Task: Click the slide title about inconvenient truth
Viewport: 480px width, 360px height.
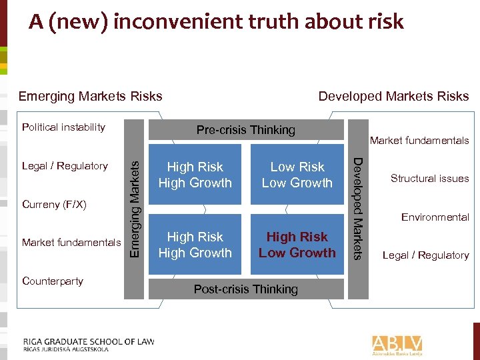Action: pyautogui.click(x=216, y=22)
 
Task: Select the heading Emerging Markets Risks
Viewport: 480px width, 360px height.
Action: pyautogui.click(x=90, y=96)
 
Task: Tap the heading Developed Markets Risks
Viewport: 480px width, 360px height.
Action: pyautogui.click(x=393, y=96)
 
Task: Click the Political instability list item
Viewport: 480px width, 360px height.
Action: pyautogui.click(x=63, y=127)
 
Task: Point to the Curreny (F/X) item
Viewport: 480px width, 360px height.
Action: pyautogui.click(x=55, y=203)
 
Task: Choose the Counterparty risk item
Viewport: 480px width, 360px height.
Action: pyautogui.click(x=53, y=281)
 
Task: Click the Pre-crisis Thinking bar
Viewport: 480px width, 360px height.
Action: pyautogui.click(x=245, y=130)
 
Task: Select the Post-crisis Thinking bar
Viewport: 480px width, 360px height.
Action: pyautogui.click(x=245, y=289)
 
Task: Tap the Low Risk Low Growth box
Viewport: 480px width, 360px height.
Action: pyautogui.click(x=297, y=175)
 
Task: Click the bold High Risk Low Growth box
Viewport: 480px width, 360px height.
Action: pyautogui.click(x=297, y=244)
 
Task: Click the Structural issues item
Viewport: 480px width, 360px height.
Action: pyautogui.click(x=429, y=179)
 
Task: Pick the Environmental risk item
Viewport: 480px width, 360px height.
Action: pyautogui.click(x=435, y=217)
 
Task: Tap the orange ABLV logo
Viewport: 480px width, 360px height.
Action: pyautogui.click(x=397, y=344)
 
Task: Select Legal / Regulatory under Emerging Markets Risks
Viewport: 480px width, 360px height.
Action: pyautogui.click(x=65, y=165)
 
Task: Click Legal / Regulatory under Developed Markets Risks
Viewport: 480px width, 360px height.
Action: pyautogui.click(x=425, y=255)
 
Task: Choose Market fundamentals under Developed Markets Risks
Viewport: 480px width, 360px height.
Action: pyautogui.click(x=419, y=140)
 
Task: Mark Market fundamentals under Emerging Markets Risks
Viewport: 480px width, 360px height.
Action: pyautogui.click(x=71, y=242)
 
